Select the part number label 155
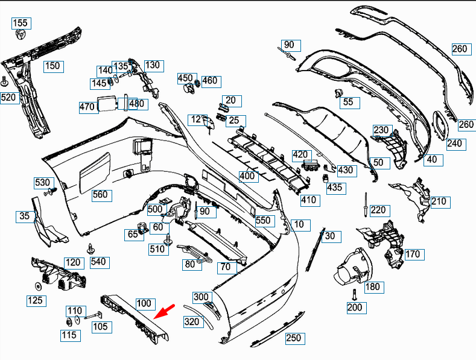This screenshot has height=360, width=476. click(21, 24)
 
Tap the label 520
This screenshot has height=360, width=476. click(9, 97)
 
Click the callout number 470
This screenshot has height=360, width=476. click(87, 107)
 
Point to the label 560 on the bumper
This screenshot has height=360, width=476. click(100, 194)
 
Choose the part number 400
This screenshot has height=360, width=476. click(247, 176)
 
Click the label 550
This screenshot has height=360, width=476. click(263, 221)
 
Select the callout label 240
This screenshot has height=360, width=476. click(454, 144)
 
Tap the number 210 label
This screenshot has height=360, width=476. click(439, 201)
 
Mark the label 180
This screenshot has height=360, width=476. click(373, 286)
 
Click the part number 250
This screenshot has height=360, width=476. click(293, 338)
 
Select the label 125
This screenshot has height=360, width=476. click(35, 300)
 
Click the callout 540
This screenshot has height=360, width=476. click(98, 262)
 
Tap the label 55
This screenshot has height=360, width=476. click(349, 102)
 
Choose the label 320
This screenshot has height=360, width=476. click(191, 322)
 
